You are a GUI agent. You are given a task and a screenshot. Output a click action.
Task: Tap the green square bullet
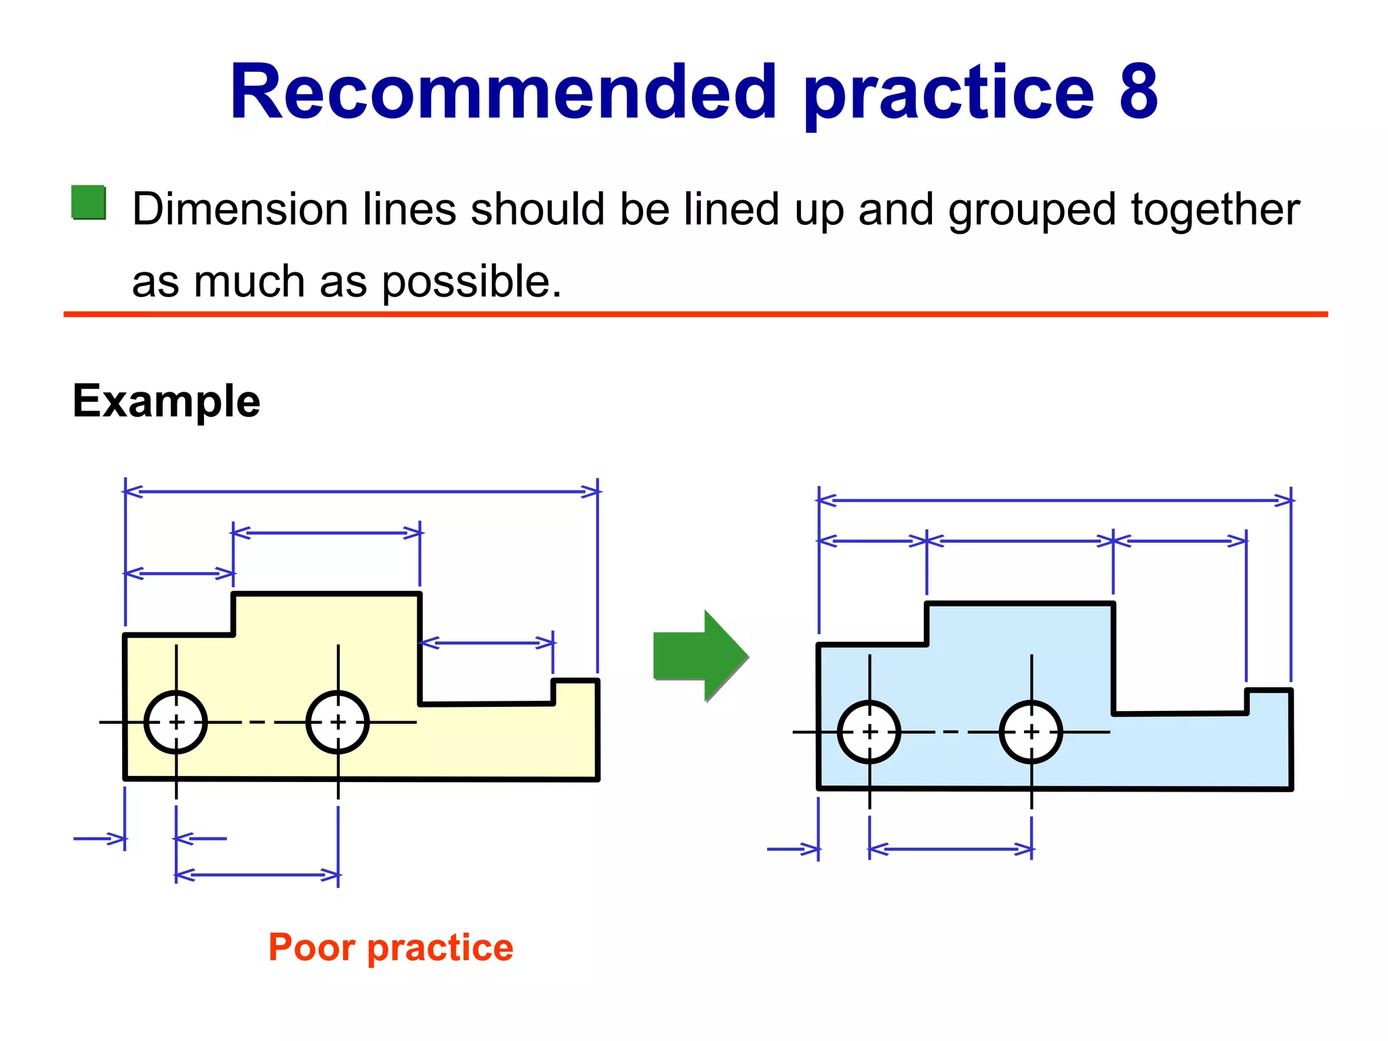(89, 203)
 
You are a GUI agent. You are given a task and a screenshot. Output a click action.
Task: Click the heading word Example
(166, 401)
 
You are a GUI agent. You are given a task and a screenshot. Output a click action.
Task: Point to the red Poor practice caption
(391, 947)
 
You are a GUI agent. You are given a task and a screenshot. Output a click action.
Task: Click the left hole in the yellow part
(176, 722)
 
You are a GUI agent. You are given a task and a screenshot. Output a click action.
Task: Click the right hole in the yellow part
(338, 722)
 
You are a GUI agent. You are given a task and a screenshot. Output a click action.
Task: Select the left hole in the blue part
(870, 732)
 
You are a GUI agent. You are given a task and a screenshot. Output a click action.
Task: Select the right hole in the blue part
(1031, 732)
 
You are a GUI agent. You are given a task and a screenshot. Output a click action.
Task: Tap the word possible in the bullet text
(472, 282)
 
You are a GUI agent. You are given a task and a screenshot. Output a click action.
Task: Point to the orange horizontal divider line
(695, 314)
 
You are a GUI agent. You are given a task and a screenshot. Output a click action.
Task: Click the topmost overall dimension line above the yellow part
(361, 491)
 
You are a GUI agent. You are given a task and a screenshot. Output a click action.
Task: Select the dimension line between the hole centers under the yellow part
(257, 875)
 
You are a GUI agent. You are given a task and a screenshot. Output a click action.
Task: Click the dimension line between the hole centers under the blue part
(950, 849)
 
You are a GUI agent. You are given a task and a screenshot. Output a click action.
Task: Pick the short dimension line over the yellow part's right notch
(487, 642)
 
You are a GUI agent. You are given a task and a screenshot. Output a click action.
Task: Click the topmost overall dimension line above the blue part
(1055, 501)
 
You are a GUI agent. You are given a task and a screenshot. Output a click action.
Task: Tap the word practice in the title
(949, 91)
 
